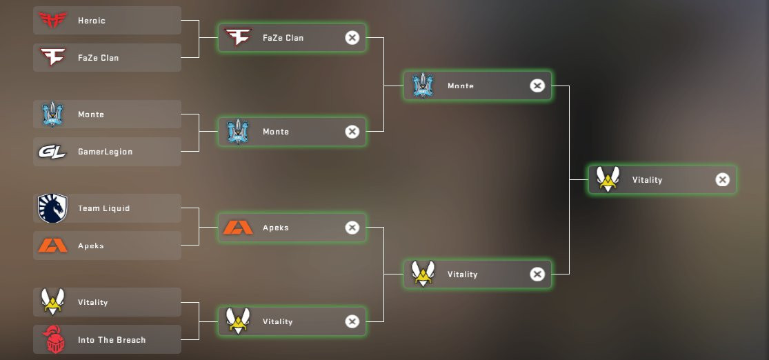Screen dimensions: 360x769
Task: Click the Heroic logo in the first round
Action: click(x=52, y=21)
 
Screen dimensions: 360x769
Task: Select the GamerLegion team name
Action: click(x=105, y=152)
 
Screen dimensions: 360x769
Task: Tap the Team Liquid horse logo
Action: click(x=52, y=208)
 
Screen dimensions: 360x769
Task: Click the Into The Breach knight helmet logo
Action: click(x=52, y=340)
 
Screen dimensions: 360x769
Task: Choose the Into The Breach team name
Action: click(x=112, y=340)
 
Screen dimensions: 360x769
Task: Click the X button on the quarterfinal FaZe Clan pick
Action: click(x=352, y=38)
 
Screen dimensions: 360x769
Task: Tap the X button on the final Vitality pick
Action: click(x=722, y=180)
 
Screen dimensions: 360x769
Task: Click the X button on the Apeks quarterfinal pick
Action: click(x=352, y=228)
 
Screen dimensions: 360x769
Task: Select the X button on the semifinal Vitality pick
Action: click(x=537, y=274)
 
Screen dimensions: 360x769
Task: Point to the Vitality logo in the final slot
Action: click(x=608, y=179)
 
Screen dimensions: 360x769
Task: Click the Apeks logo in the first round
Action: click(x=52, y=246)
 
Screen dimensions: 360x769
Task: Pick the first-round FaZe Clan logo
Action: click(x=52, y=57)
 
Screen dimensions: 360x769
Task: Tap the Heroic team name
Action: click(x=92, y=21)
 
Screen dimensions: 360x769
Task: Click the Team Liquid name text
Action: click(x=103, y=208)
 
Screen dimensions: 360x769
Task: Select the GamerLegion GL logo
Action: click(x=52, y=152)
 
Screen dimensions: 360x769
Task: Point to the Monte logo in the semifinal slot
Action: click(x=422, y=86)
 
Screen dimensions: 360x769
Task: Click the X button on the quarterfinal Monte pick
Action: click(x=352, y=132)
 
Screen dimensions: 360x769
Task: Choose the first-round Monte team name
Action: click(x=91, y=114)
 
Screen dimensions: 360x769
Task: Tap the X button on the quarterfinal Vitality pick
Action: click(x=352, y=321)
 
